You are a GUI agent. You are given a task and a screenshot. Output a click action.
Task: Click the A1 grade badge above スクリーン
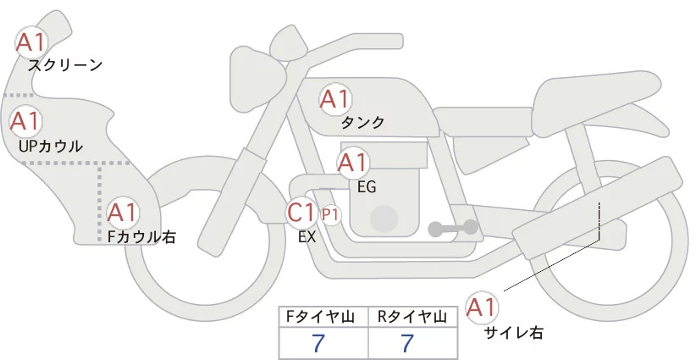tap(33, 42)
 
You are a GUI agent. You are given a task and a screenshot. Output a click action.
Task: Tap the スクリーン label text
tap(66, 65)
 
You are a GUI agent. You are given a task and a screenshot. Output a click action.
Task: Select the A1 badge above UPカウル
tap(25, 122)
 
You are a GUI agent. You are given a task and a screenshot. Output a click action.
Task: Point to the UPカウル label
tap(50, 147)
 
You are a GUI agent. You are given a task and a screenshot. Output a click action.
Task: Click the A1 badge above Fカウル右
tap(123, 212)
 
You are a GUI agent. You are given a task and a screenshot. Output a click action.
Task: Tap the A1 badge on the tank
tap(334, 99)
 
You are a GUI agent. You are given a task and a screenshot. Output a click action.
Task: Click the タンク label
tap(362, 123)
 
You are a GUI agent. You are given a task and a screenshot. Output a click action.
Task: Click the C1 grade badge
tap(302, 213)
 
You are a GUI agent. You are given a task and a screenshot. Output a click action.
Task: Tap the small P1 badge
tap(330, 215)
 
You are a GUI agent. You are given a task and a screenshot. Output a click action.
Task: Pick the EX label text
tap(307, 237)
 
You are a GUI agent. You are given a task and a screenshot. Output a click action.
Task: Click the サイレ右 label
tap(513, 333)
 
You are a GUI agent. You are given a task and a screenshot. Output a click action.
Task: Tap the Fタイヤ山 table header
tap(324, 317)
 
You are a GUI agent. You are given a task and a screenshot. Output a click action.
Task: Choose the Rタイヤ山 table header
tap(413, 317)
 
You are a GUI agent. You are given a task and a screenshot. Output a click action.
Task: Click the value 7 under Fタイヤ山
tap(318, 344)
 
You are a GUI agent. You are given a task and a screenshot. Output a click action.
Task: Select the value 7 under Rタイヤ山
tap(407, 344)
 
